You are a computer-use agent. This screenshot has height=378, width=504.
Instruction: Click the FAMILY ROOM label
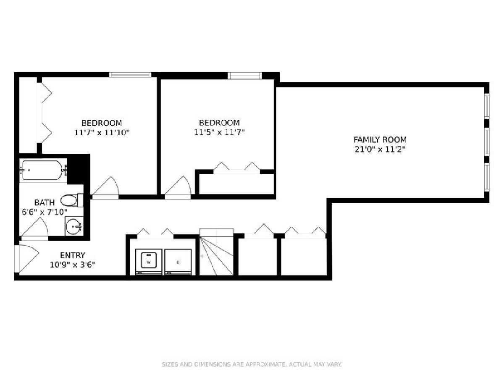coord(380,139)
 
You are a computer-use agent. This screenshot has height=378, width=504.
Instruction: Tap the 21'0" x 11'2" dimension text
coord(380,150)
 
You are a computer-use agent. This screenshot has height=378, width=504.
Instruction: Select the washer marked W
coord(149,262)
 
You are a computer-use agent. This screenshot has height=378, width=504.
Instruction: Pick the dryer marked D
coord(178,262)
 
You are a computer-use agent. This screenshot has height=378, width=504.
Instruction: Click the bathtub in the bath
coord(43,170)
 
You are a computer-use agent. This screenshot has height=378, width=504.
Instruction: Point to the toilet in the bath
coord(72,200)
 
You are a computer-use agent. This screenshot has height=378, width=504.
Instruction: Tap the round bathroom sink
coord(73,226)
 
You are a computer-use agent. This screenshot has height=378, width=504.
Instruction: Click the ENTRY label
coord(73,255)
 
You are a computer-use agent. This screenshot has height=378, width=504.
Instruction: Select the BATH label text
coord(45,202)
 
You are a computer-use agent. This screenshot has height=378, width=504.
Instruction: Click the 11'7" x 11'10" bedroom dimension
coord(102,133)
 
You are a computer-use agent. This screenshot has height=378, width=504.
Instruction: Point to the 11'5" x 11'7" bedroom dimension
coord(219,132)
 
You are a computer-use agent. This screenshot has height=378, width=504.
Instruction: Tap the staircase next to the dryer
coord(216,252)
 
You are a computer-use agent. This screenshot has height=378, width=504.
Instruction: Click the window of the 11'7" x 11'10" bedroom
coord(130,75)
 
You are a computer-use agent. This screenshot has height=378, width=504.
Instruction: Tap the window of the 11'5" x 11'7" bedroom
coord(245,76)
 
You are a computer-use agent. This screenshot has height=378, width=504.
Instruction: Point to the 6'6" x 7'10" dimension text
coord(45,212)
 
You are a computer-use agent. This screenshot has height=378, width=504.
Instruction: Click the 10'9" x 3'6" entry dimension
coord(73,265)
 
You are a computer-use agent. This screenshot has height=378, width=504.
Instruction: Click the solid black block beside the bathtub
coord(79,169)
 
